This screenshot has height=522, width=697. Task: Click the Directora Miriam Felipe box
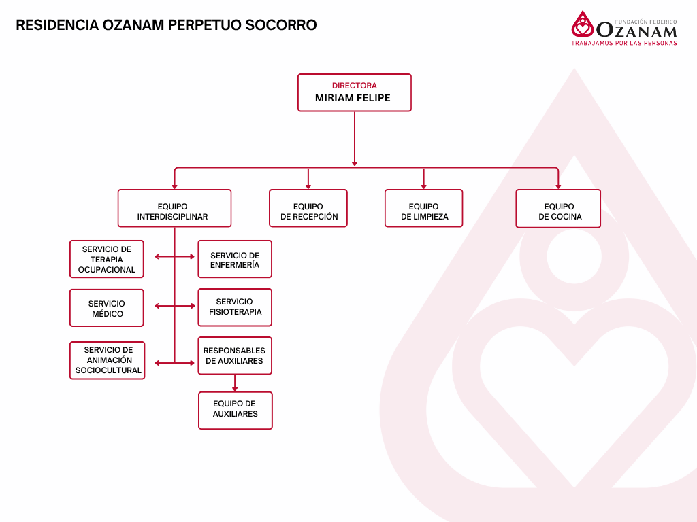(x=354, y=92)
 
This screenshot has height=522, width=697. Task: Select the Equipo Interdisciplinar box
(x=174, y=208)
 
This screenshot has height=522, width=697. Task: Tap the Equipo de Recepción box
(x=308, y=208)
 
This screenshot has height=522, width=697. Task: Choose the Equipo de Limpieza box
(x=423, y=208)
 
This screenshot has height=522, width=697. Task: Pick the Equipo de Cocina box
(x=558, y=208)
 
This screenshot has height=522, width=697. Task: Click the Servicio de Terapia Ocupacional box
(x=107, y=259)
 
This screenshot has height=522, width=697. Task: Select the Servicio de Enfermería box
(x=235, y=259)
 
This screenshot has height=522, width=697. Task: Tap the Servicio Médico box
(x=107, y=308)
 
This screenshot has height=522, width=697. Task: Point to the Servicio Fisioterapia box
(x=235, y=307)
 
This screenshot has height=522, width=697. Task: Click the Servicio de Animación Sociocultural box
(x=108, y=360)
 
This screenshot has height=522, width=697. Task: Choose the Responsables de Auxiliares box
(x=235, y=355)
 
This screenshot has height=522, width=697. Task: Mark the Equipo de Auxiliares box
(x=235, y=410)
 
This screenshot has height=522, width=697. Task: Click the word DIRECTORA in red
(x=354, y=86)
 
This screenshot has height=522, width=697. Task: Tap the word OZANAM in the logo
(x=636, y=31)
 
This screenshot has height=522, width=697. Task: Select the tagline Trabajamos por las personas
(x=623, y=43)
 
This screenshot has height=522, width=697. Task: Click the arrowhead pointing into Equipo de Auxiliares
(x=235, y=388)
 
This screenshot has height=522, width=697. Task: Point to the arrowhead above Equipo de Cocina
(x=558, y=186)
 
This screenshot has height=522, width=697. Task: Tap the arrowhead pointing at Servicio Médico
(x=158, y=306)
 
